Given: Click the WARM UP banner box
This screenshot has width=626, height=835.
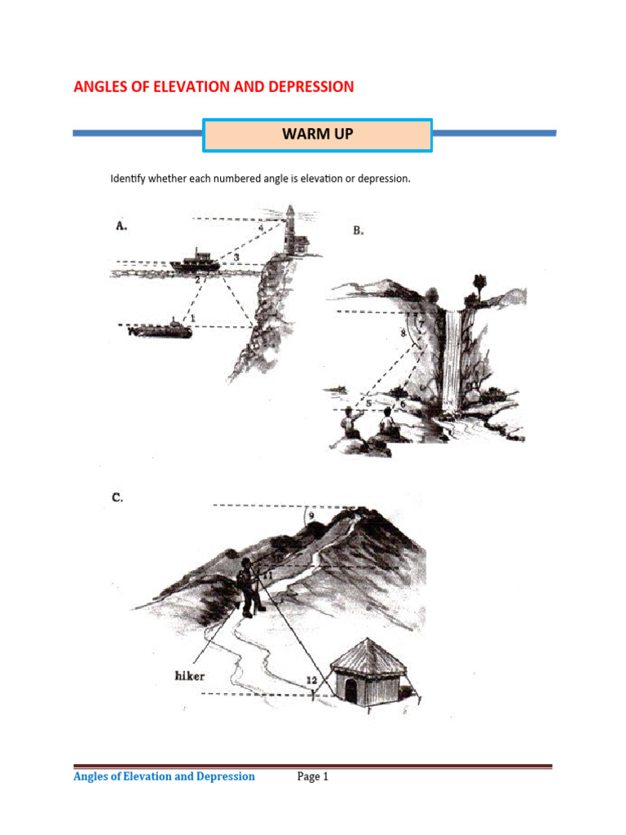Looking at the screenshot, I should click(317, 135).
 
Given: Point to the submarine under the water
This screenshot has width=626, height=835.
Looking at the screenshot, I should click(162, 329).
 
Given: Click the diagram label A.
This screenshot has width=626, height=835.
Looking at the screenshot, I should click(121, 228).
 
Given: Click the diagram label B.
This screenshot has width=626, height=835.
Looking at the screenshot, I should click(358, 231).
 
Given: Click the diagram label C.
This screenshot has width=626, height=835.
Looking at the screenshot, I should click(117, 497).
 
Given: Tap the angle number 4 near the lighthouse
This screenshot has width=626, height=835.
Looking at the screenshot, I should click(260, 229).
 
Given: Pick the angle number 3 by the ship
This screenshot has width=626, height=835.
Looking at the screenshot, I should click(236, 258).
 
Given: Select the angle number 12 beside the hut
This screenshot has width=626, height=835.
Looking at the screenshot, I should click(311, 680).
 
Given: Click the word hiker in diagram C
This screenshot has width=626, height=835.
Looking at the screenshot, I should click(191, 675).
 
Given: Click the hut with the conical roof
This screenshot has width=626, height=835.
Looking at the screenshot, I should click(369, 671).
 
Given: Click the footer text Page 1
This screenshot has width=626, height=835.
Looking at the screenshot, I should click(313, 777).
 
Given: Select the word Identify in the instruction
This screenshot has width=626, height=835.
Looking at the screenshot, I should click(129, 179).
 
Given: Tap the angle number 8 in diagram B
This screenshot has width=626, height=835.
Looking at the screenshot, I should click(403, 334).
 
